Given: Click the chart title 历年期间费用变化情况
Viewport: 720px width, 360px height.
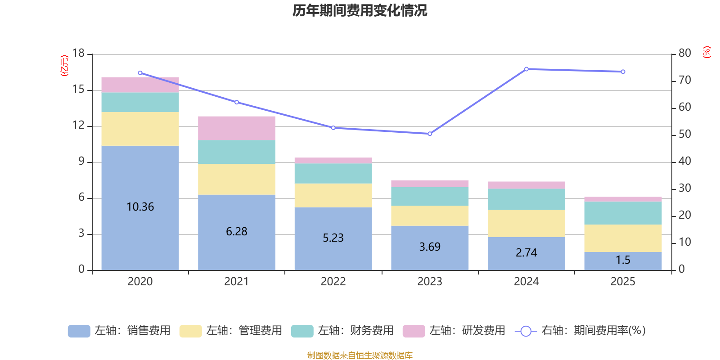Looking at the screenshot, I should [x=360, y=10].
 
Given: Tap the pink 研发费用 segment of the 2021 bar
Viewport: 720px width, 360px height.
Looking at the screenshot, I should [x=237, y=128].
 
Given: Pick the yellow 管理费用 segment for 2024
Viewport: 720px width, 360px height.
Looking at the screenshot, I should [x=526, y=223].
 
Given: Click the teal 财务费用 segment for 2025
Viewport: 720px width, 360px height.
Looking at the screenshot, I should [x=623, y=213].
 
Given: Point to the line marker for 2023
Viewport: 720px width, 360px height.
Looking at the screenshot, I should [x=430, y=134].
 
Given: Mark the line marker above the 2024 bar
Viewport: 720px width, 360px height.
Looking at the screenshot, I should [x=526, y=69].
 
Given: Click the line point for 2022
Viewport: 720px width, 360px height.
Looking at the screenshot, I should [x=333, y=128].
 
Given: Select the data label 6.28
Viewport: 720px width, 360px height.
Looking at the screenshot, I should [x=237, y=231].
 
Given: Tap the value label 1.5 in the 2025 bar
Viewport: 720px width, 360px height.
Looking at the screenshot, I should [x=623, y=260].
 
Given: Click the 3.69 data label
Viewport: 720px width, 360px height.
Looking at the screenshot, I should [x=430, y=247].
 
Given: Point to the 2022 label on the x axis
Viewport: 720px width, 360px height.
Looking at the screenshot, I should [x=333, y=282].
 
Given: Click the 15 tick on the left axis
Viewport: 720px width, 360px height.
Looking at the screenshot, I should [x=78, y=90].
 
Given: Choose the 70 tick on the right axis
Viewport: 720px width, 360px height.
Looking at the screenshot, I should [x=684, y=81].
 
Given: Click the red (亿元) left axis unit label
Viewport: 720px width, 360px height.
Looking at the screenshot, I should [x=64, y=66].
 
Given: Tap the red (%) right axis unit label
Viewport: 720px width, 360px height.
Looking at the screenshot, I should [x=707, y=52].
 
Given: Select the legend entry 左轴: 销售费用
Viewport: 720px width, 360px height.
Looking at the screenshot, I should [x=119, y=331].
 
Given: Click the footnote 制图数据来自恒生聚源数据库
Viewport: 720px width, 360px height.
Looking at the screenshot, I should [x=360, y=355].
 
